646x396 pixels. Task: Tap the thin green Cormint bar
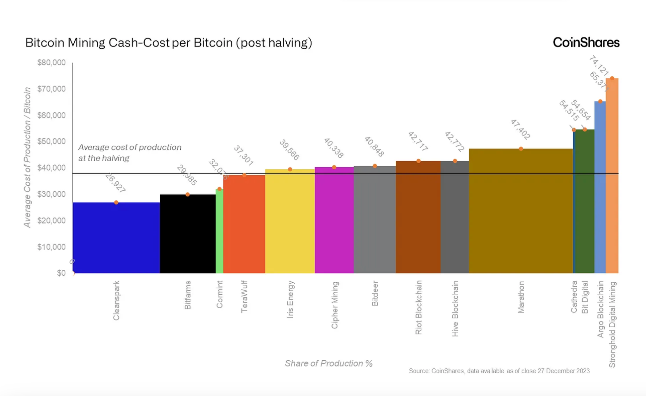pyautogui.click(x=219, y=231)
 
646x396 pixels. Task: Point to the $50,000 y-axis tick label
pyautogui.click(x=51, y=141)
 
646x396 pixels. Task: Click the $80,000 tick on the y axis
pyautogui.click(x=51, y=63)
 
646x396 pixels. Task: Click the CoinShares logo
pyautogui.click(x=586, y=42)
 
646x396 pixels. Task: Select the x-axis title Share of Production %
pyautogui.click(x=329, y=363)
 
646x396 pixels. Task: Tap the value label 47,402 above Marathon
pyautogui.click(x=521, y=129)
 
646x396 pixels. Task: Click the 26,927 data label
pyautogui.click(x=115, y=183)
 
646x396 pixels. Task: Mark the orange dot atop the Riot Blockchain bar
pyautogui.click(x=418, y=161)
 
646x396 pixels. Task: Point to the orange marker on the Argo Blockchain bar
pyautogui.click(x=600, y=101)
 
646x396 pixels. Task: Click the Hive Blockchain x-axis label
pyautogui.click(x=455, y=308)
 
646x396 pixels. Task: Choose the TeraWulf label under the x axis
pyautogui.click(x=244, y=297)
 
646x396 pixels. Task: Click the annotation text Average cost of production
pyautogui.click(x=130, y=147)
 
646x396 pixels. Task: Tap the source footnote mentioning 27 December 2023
pyautogui.click(x=499, y=371)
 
